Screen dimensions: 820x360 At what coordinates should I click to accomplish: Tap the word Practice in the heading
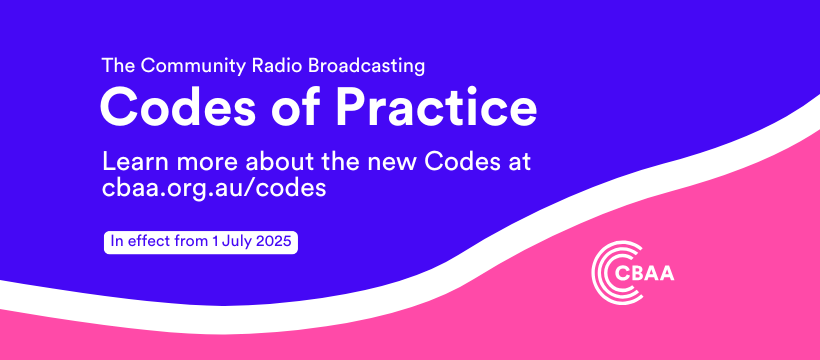coord(437,108)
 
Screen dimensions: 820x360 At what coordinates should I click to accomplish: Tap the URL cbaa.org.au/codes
coord(214,188)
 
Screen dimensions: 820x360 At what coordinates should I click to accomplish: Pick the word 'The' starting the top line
coord(119,66)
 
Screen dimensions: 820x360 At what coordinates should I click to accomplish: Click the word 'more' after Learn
coord(209,163)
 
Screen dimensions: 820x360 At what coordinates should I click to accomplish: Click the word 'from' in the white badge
coord(184,242)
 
